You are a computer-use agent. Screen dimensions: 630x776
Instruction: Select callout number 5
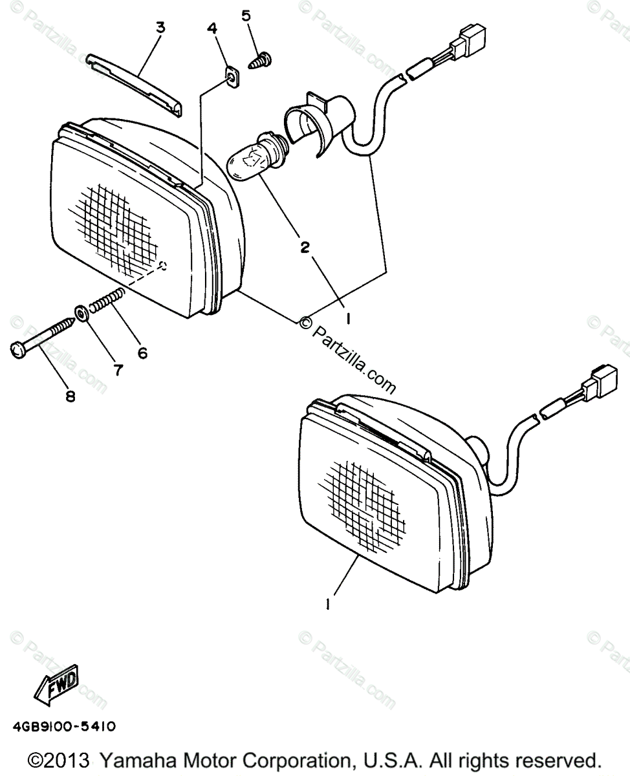point(246,16)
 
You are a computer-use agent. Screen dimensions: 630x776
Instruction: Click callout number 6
point(142,352)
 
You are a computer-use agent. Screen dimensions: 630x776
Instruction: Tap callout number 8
point(70,396)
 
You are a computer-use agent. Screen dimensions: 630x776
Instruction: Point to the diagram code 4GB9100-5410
point(63,727)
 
